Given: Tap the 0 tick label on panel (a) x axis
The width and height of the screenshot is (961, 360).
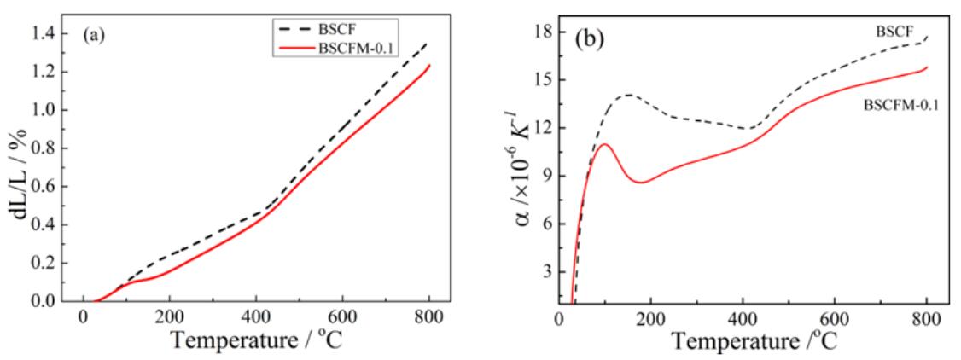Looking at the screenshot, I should pyautogui.click(x=84, y=317).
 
